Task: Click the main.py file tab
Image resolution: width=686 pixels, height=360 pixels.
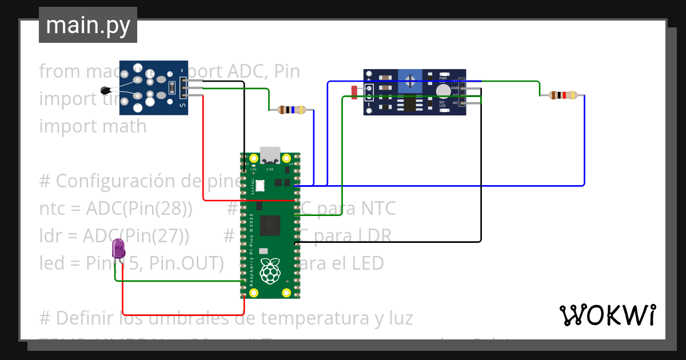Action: (x=87, y=25)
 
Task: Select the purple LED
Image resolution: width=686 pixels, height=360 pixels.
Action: (x=118, y=249)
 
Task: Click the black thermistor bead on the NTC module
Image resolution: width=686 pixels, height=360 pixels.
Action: (x=106, y=90)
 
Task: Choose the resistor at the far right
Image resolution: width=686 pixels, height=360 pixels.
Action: (x=563, y=95)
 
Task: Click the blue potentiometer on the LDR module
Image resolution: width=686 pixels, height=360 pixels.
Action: (x=410, y=80)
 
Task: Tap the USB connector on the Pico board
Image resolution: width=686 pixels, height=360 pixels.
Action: (x=270, y=156)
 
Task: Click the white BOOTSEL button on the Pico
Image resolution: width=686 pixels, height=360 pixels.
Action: (x=261, y=185)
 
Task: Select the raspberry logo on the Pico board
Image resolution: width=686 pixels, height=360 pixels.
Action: (x=270, y=271)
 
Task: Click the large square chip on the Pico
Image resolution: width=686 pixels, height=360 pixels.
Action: (x=270, y=225)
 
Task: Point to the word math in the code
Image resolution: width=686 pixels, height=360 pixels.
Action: (x=121, y=126)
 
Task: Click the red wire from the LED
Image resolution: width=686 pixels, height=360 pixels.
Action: (x=183, y=315)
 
